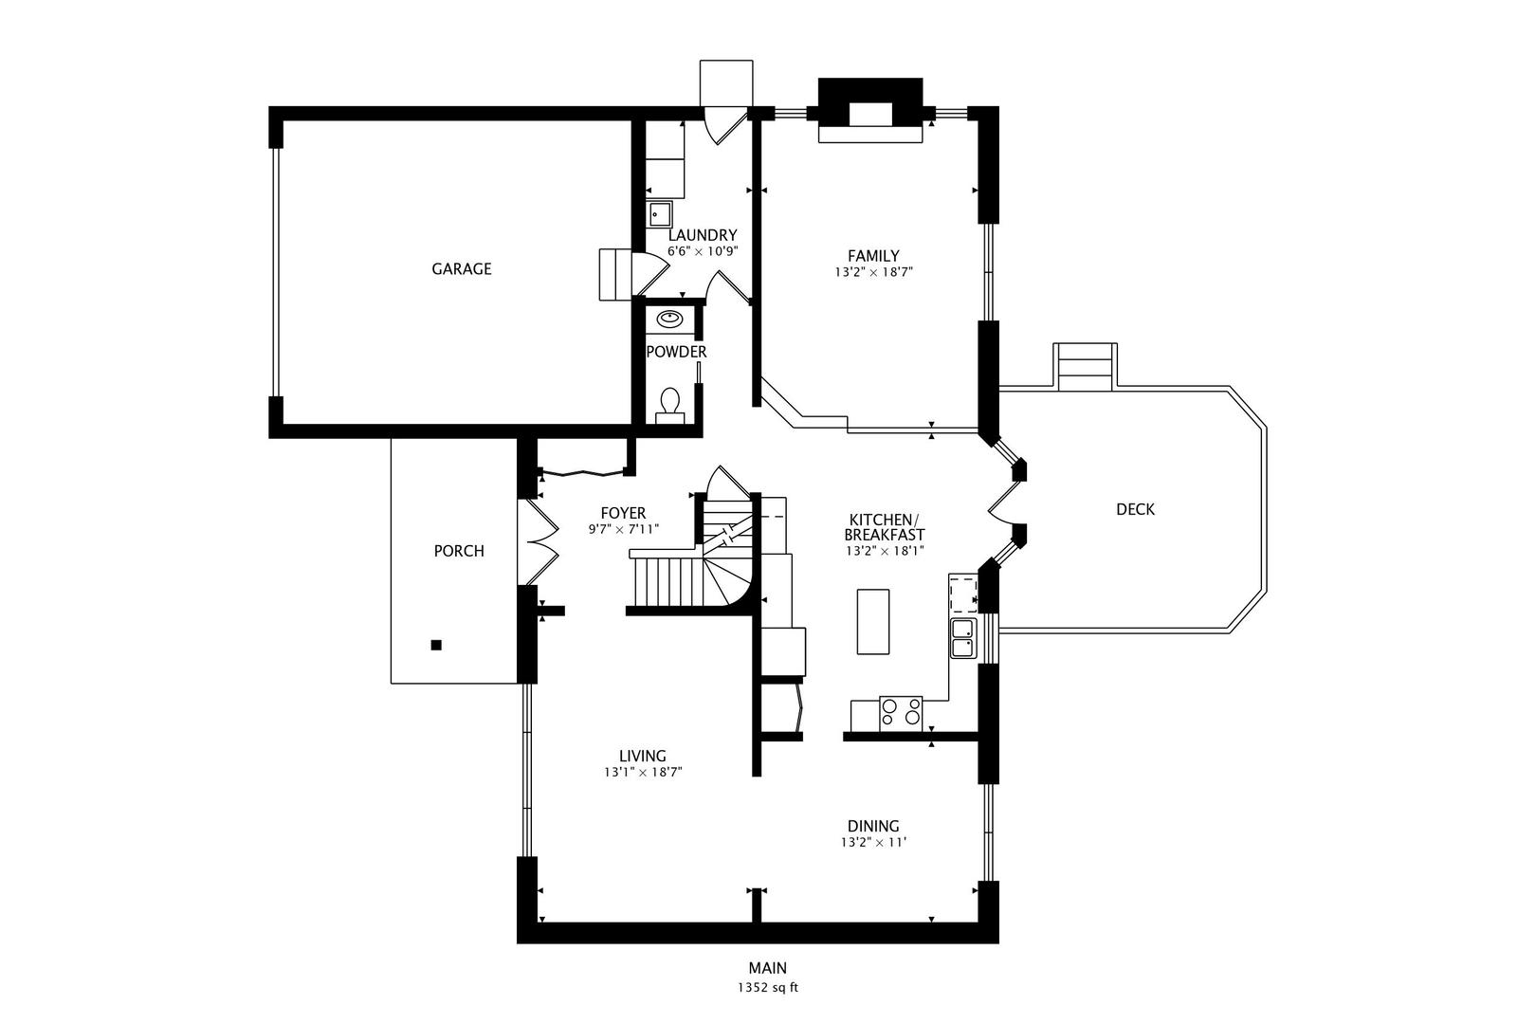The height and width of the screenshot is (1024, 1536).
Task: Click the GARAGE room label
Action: pos(462,269)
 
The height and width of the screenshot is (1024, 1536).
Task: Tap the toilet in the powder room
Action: pos(670,406)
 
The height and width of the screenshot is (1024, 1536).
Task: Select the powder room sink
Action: pos(669,319)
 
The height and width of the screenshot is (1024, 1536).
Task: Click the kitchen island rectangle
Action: pos(873,621)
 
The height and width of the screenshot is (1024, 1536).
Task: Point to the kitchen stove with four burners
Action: pos(901,713)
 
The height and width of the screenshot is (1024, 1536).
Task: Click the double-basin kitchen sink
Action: pos(963,638)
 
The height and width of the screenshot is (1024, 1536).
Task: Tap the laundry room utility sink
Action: pos(660,214)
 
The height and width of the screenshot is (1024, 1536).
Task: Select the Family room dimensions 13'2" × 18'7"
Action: pos(873,272)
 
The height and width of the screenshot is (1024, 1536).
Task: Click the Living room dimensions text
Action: pos(643,773)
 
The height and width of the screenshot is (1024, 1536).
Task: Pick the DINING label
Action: pos(873,826)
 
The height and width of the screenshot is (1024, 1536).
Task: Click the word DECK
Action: pos(1136,509)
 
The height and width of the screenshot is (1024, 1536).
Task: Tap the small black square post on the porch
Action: pos(436,645)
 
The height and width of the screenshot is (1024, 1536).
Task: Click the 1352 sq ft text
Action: pos(768,988)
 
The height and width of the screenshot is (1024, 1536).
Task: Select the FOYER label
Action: pos(623,513)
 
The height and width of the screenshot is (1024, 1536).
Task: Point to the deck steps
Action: pos(1085,366)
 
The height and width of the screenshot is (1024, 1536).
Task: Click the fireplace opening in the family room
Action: pos(870,115)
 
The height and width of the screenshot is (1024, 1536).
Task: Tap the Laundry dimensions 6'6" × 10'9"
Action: pos(703,251)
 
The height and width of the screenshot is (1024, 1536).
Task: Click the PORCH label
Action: pos(459,551)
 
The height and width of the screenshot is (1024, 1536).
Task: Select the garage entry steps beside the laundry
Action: pos(615,274)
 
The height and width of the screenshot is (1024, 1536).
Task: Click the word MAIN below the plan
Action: pos(768,968)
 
